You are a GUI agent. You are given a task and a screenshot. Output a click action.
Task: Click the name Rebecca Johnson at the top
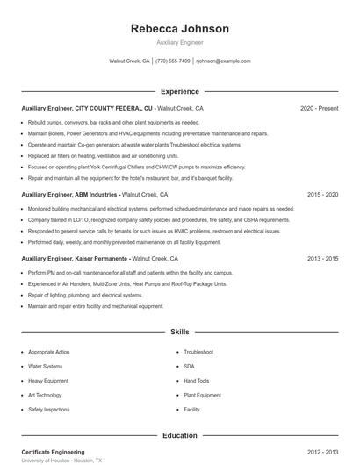tap(179, 29)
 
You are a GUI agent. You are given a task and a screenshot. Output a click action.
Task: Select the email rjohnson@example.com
tap(223, 61)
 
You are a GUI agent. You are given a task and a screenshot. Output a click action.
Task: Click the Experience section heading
tap(179, 91)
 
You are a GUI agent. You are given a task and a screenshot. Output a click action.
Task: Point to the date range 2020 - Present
tap(319, 108)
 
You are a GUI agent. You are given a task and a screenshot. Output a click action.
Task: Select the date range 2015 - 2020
tap(322, 195)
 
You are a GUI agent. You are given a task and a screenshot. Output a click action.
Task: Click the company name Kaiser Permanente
tap(102, 259)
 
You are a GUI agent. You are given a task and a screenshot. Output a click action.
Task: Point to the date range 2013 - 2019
tap(322, 259)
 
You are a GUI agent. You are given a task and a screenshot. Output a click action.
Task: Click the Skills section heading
tap(179, 333)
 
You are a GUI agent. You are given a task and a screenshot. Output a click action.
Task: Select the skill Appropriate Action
tap(49, 352)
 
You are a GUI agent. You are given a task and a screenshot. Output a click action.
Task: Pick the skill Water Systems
tap(46, 366)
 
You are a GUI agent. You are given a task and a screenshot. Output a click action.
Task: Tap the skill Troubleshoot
tap(200, 352)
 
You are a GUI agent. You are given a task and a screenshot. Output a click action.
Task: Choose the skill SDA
tap(189, 366)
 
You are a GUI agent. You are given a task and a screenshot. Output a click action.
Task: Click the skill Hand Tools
tap(197, 381)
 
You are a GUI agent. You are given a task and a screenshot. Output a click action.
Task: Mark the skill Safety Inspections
tap(49, 410)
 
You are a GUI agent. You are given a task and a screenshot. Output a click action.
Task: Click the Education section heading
tap(179, 435)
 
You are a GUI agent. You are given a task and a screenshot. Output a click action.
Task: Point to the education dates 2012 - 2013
tap(322, 451)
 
